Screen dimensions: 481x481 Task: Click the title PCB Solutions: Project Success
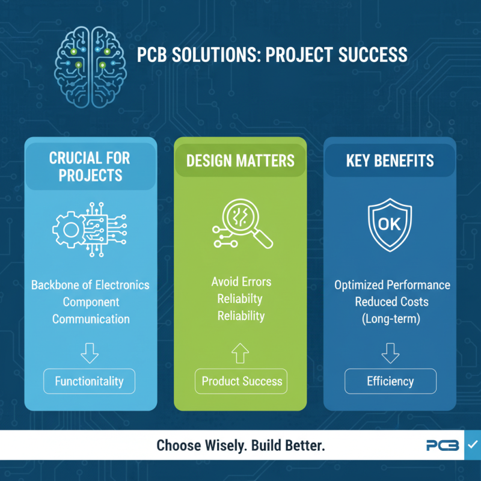(x=272, y=56)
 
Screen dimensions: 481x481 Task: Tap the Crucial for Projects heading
(x=90, y=167)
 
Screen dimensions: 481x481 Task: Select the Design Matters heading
(x=240, y=161)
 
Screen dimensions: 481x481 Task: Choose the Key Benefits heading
(x=390, y=161)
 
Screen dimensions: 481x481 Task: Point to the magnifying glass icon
(x=242, y=225)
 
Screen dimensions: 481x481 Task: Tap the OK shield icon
(x=390, y=225)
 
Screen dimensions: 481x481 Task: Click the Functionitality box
(x=90, y=381)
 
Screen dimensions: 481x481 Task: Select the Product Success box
(x=242, y=381)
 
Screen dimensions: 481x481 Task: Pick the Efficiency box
(x=390, y=381)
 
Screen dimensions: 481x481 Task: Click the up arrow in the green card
(x=241, y=354)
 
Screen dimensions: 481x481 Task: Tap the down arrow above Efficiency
(x=390, y=354)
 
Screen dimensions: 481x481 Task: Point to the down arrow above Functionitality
(x=90, y=354)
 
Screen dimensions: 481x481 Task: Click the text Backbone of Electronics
(x=90, y=284)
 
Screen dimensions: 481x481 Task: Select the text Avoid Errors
(x=240, y=281)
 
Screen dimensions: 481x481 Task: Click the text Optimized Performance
(x=392, y=284)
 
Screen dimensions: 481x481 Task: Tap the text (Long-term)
(x=390, y=318)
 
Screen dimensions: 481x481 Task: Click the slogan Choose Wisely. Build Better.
(x=240, y=446)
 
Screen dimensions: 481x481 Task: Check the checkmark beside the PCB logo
(x=472, y=445)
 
